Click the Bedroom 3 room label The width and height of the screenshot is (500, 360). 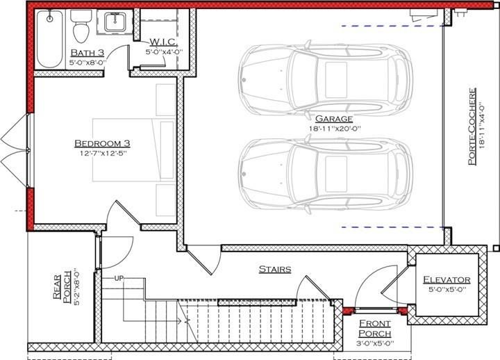(102, 143)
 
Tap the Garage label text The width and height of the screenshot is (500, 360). (333, 119)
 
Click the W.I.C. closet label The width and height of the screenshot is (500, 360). (163, 40)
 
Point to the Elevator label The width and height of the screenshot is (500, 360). (447, 280)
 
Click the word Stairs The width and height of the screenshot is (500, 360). (274, 268)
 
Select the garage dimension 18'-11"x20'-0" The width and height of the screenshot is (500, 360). (334, 129)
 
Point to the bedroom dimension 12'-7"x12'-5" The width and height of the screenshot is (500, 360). (102, 154)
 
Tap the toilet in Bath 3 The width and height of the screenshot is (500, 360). (80, 27)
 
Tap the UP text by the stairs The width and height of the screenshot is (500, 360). (119, 278)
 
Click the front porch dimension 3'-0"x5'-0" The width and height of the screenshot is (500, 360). (375, 343)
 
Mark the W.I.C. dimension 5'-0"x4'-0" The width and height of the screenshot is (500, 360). (162, 51)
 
